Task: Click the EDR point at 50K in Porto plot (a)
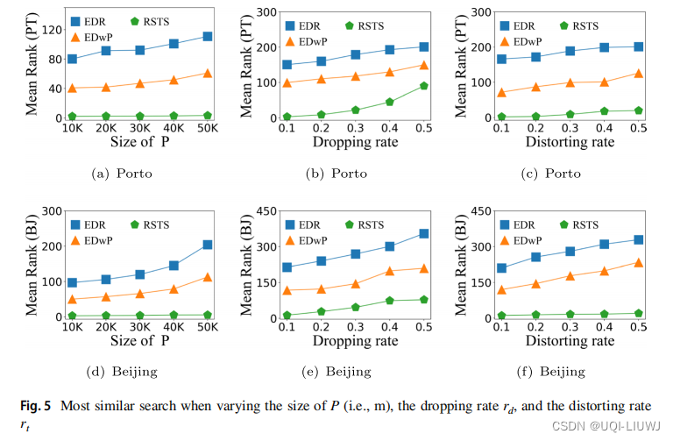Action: (x=207, y=37)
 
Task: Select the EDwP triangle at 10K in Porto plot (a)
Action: (x=72, y=88)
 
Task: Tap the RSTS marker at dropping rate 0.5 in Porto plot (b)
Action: (x=423, y=86)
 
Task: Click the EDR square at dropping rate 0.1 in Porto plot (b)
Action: (x=287, y=65)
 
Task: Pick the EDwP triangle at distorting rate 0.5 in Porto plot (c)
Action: (x=639, y=74)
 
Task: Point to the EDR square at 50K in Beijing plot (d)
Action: (x=207, y=245)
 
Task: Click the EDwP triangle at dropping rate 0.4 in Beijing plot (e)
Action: (x=389, y=271)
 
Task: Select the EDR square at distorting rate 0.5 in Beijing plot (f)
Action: (x=639, y=239)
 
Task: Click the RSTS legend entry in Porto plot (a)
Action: (x=149, y=20)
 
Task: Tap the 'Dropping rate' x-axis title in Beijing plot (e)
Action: (x=355, y=342)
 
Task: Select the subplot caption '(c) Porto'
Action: (x=551, y=173)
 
